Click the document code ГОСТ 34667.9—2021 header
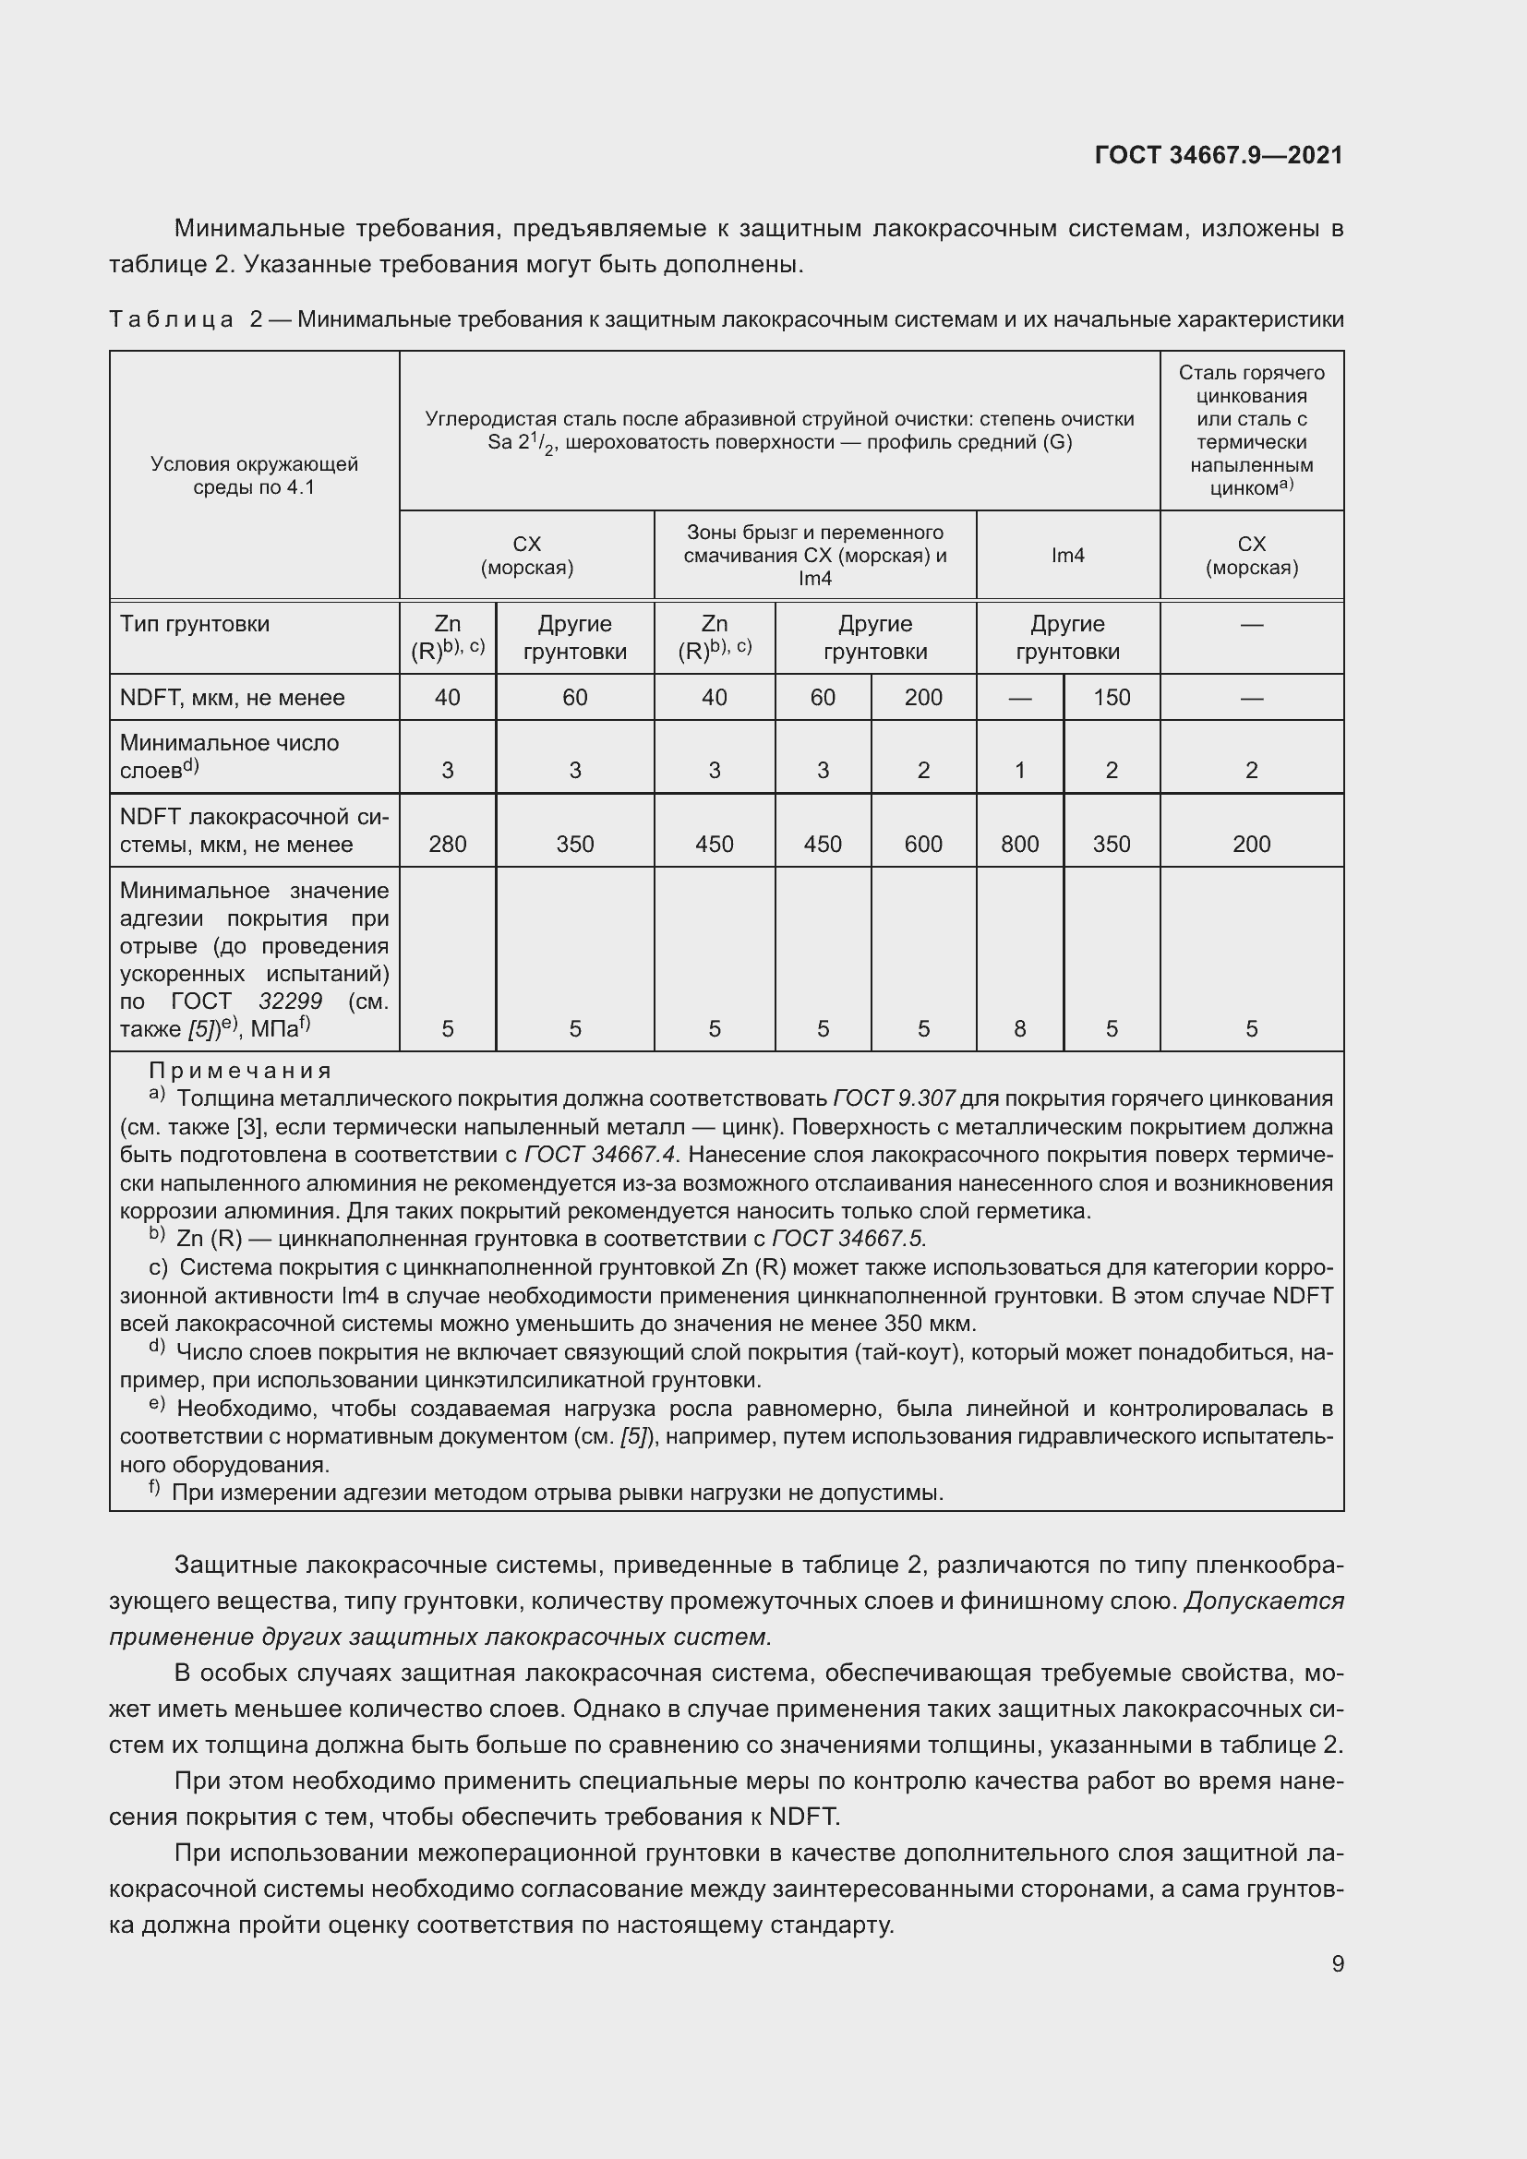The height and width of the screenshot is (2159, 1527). pyautogui.click(x=1219, y=155)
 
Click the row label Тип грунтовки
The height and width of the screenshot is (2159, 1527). pyautogui.click(x=195, y=624)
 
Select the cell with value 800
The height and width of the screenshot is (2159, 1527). pyautogui.click(x=1019, y=845)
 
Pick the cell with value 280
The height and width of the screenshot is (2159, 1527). pyautogui.click(x=448, y=845)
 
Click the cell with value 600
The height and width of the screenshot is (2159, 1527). pyautogui.click(x=923, y=845)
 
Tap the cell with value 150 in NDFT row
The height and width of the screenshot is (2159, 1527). pyautogui.click(x=1112, y=698)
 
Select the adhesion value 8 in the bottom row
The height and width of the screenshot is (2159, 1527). pyautogui.click(x=1019, y=1028)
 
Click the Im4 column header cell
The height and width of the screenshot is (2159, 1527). pyautogui.click(x=1067, y=556)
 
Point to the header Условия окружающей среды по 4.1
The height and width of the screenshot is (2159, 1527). pyautogui.click(x=254, y=475)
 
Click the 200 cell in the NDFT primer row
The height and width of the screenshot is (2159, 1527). pyautogui.click(x=923, y=698)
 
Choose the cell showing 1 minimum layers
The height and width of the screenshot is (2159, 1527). pyautogui.click(x=1019, y=771)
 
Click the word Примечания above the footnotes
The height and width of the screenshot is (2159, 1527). pyautogui.click(x=241, y=1071)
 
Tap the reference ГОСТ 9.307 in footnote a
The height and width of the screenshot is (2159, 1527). pyautogui.click(x=894, y=1098)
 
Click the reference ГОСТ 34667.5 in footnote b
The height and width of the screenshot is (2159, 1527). pyautogui.click(x=848, y=1239)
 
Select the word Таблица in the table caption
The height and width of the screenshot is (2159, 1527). pyautogui.click(x=171, y=319)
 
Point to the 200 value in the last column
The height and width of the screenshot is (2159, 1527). pyautogui.click(x=1252, y=845)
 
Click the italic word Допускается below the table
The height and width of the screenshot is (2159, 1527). pyautogui.click(x=1264, y=1601)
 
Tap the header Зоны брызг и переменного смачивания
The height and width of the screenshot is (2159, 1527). pyautogui.click(x=814, y=545)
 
